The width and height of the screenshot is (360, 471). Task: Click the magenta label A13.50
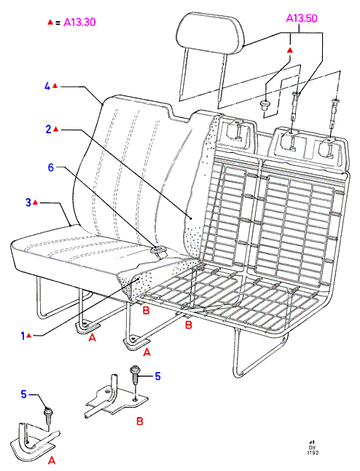[302, 18]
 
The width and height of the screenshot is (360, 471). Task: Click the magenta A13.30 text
[79, 23]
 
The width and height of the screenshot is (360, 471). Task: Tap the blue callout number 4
[47, 87]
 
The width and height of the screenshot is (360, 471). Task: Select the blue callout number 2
[49, 130]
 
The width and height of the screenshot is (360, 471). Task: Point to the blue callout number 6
[51, 167]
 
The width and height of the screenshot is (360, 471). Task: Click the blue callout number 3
[28, 202]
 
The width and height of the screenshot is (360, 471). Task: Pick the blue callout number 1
[23, 336]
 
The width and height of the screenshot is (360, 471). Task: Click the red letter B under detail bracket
[139, 421]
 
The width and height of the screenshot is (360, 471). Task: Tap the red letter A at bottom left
[52, 460]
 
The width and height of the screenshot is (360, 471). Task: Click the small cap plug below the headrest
[265, 106]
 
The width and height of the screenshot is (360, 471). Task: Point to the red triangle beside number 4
[55, 86]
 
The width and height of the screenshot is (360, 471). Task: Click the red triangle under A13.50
[289, 50]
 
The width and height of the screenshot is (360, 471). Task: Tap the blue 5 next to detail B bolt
[157, 376]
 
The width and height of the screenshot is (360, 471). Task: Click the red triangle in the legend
[50, 22]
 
